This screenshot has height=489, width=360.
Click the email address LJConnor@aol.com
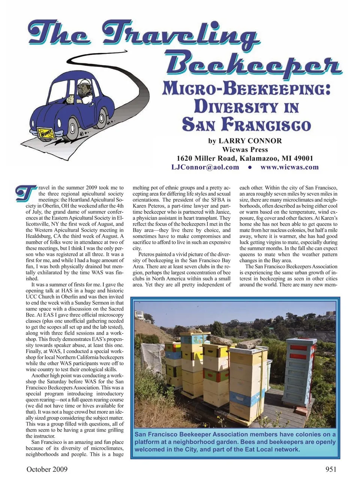click(205, 167)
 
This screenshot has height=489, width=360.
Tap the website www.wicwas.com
click(289, 167)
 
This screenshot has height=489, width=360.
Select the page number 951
click(329, 469)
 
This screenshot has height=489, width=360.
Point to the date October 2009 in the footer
click(47, 469)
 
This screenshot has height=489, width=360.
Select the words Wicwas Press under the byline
click(245, 150)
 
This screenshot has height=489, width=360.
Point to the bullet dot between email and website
click(249, 167)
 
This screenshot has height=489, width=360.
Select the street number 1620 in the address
click(184, 158)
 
